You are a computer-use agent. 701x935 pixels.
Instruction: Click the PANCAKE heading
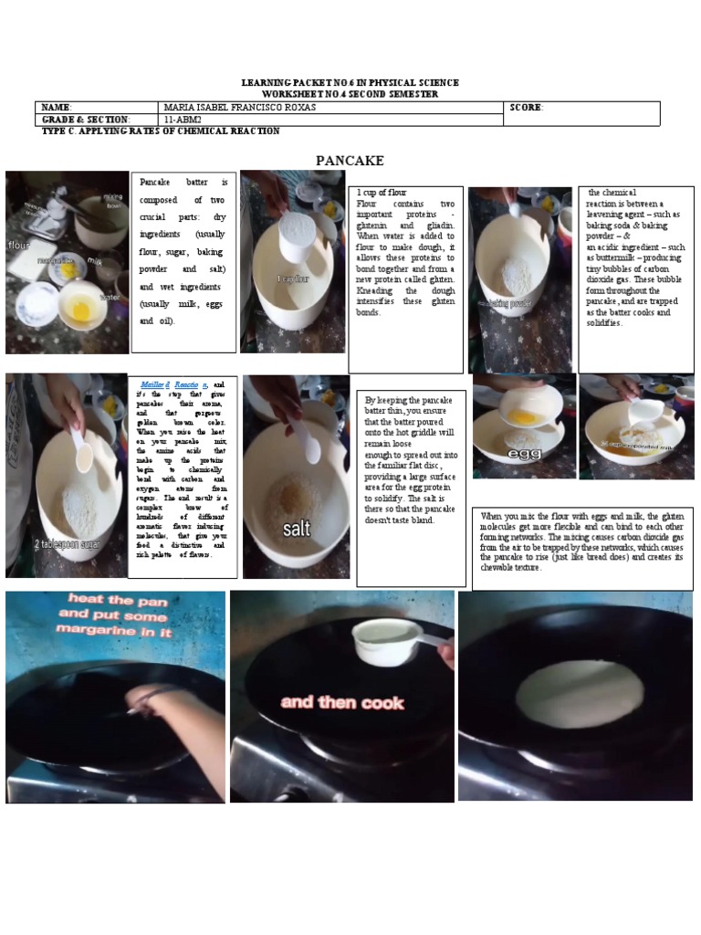350,161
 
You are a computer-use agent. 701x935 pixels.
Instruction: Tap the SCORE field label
527,107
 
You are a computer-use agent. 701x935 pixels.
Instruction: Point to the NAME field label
56,107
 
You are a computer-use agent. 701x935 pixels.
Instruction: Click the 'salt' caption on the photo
297,529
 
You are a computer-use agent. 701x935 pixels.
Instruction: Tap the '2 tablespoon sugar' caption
68,544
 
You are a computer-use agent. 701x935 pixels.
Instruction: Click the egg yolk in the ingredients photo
81,310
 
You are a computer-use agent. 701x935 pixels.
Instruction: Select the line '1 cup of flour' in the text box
381,193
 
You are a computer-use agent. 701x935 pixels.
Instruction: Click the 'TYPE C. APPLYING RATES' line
161,131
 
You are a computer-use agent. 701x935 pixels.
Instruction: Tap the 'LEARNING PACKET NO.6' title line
350,83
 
